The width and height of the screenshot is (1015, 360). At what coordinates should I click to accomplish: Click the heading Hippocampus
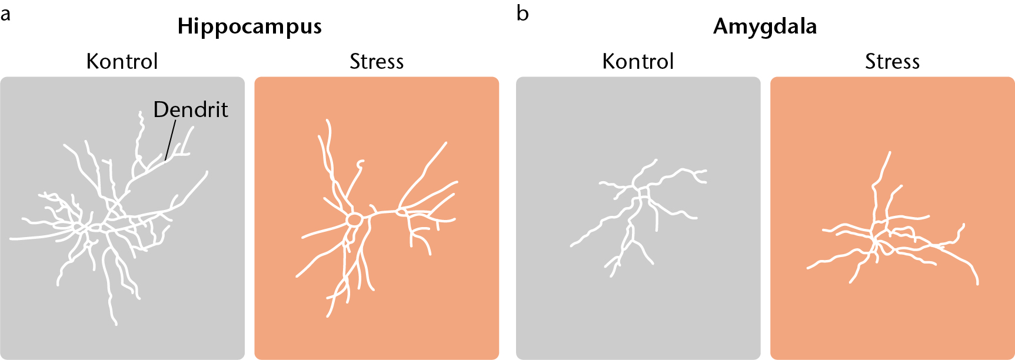click(x=249, y=27)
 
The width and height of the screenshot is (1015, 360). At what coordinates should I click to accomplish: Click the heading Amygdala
click(x=765, y=27)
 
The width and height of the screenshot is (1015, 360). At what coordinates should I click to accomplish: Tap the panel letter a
click(x=5, y=14)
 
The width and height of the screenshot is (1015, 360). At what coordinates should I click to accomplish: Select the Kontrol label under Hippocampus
click(x=122, y=61)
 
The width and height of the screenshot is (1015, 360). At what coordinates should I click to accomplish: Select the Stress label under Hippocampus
click(x=377, y=61)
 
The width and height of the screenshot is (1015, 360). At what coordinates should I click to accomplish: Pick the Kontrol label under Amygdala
click(x=638, y=61)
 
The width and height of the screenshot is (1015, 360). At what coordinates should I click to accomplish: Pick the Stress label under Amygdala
click(x=892, y=61)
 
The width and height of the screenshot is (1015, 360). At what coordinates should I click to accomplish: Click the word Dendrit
click(x=191, y=109)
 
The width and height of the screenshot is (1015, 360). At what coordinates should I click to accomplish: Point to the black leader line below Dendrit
click(x=171, y=140)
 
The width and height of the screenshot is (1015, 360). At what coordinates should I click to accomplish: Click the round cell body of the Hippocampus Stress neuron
click(x=354, y=220)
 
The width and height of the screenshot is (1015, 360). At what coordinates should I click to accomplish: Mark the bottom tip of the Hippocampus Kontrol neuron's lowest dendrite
click(x=115, y=324)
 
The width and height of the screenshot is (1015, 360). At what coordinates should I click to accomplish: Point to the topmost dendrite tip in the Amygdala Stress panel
click(x=890, y=152)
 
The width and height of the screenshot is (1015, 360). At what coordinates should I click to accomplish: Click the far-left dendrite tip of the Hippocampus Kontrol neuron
click(x=11, y=239)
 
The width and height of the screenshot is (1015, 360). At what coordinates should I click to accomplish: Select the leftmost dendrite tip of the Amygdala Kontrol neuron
click(x=572, y=245)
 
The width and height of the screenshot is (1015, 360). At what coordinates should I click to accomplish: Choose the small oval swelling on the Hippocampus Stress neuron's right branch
click(x=402, y=211)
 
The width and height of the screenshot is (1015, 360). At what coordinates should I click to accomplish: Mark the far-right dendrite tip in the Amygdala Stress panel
click(x=977, y=284)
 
